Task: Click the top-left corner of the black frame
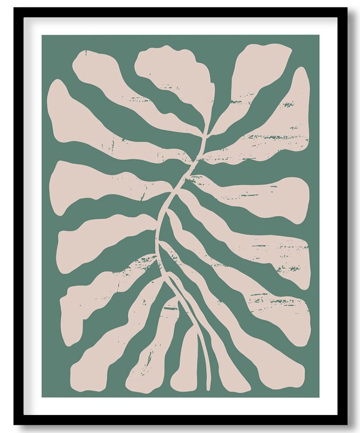tap(13, 8)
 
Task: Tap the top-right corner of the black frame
tap(347, 8)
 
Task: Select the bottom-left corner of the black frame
tap(13, 424)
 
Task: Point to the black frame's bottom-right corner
tap(347, 424)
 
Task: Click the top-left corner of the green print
tap(42, 35)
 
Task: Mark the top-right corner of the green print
tap(319, 35)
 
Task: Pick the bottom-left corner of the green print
tap(42, 397)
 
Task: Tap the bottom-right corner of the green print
tap(319, 397)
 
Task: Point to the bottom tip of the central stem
tap(208, 388)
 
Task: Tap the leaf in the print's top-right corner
tap(261, 67)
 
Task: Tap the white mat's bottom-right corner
tap(337, 415)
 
